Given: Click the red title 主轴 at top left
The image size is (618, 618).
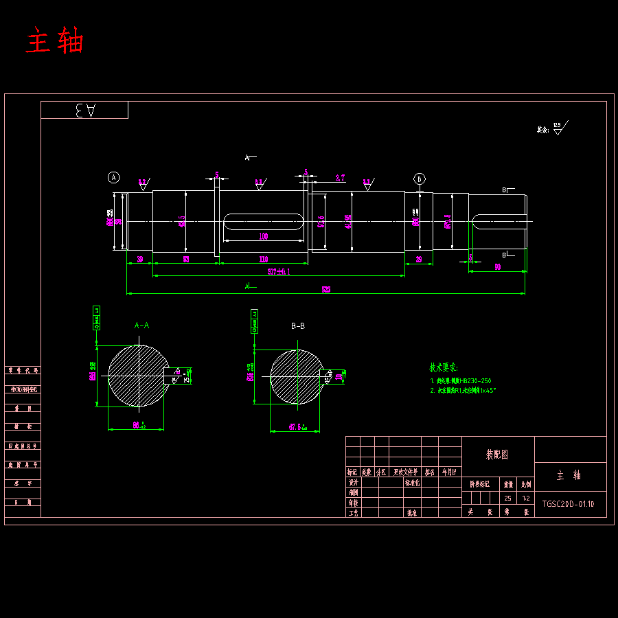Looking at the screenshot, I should (x=55, y=41).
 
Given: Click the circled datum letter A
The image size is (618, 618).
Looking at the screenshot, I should (x=114, y=178).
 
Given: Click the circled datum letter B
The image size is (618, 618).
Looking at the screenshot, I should (x=420, y=179).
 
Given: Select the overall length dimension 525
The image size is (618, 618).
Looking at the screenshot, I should (x=326, y=290).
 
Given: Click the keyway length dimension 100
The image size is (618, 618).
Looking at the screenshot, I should (x=263, y=236).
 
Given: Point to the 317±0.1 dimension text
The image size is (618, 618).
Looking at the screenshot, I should (x=279, y=271).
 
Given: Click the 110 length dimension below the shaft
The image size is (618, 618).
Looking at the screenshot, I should (x=263, y=259).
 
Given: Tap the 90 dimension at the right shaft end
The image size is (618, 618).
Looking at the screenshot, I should (x=497, y=267).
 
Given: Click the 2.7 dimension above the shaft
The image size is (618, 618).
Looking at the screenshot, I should (x=340, y=178).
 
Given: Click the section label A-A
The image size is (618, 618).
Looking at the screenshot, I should (x=141, y=325).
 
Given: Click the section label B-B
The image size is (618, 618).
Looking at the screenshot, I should (x=298, y=325).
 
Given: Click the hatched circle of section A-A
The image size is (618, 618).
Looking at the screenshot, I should (x=137, y=376).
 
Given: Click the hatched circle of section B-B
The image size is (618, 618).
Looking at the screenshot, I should (x=295, y=377).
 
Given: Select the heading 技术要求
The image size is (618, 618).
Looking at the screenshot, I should (x=444, y=367).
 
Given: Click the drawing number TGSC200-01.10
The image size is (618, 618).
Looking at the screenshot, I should (x=569, y=503).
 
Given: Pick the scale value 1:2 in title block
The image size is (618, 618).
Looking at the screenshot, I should (x=526, y=499).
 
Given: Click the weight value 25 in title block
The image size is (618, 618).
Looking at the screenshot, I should (x=507, y=499).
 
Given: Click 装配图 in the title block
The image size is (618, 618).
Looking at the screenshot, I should (x=496, y=455).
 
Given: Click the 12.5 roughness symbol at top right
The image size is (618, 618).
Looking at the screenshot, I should (x=558, y=128).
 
